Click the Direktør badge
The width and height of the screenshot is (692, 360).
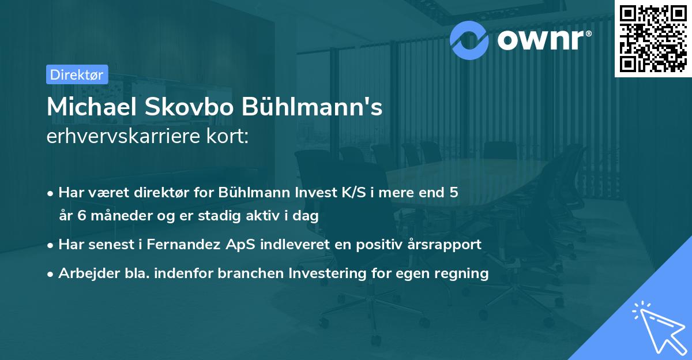76,75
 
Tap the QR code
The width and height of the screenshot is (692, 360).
652,37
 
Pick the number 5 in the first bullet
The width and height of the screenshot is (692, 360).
454,193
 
